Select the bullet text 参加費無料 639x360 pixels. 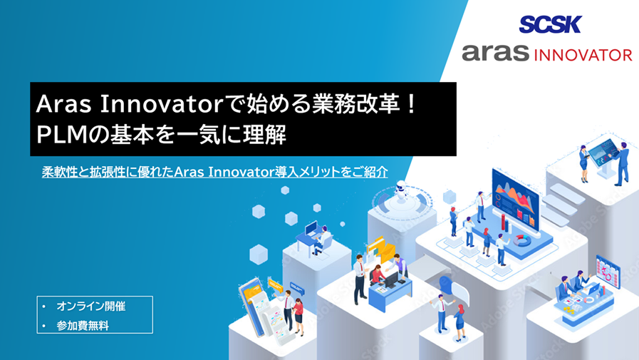click(x=83, y=325)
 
